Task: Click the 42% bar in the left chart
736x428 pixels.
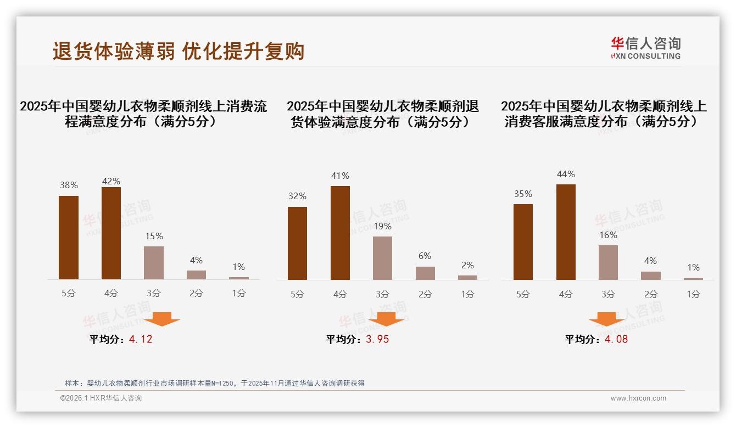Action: tap(111, 233)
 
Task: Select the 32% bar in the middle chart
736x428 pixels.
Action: tap(297, 243)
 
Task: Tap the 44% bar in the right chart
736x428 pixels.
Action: tap(566, 232)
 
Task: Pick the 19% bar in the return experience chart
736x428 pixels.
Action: tap(382, 258)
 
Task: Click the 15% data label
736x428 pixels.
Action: tap(154, 236)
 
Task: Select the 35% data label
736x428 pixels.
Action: tap(523, 194)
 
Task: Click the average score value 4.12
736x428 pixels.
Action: tap(141, 339)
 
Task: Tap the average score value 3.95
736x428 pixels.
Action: tap(377, 339)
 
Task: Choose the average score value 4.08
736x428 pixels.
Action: tap(616, 339)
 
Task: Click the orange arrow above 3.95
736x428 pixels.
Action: tap(386, 319)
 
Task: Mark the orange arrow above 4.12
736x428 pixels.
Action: tap(162, 319)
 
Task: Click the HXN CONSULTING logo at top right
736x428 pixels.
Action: tap(645, 48)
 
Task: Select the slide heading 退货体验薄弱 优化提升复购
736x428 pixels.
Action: tap(179, 51)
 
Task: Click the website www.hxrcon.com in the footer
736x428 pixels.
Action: tap(638, 398)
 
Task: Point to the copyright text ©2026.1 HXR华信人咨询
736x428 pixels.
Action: tap(101, 398)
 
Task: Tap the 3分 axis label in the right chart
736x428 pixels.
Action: tap(608, 294)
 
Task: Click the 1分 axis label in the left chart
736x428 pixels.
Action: tap(238, 294)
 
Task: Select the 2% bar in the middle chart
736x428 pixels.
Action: tap(467, 278)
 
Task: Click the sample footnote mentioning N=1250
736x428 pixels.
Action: tap(214, 383)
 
